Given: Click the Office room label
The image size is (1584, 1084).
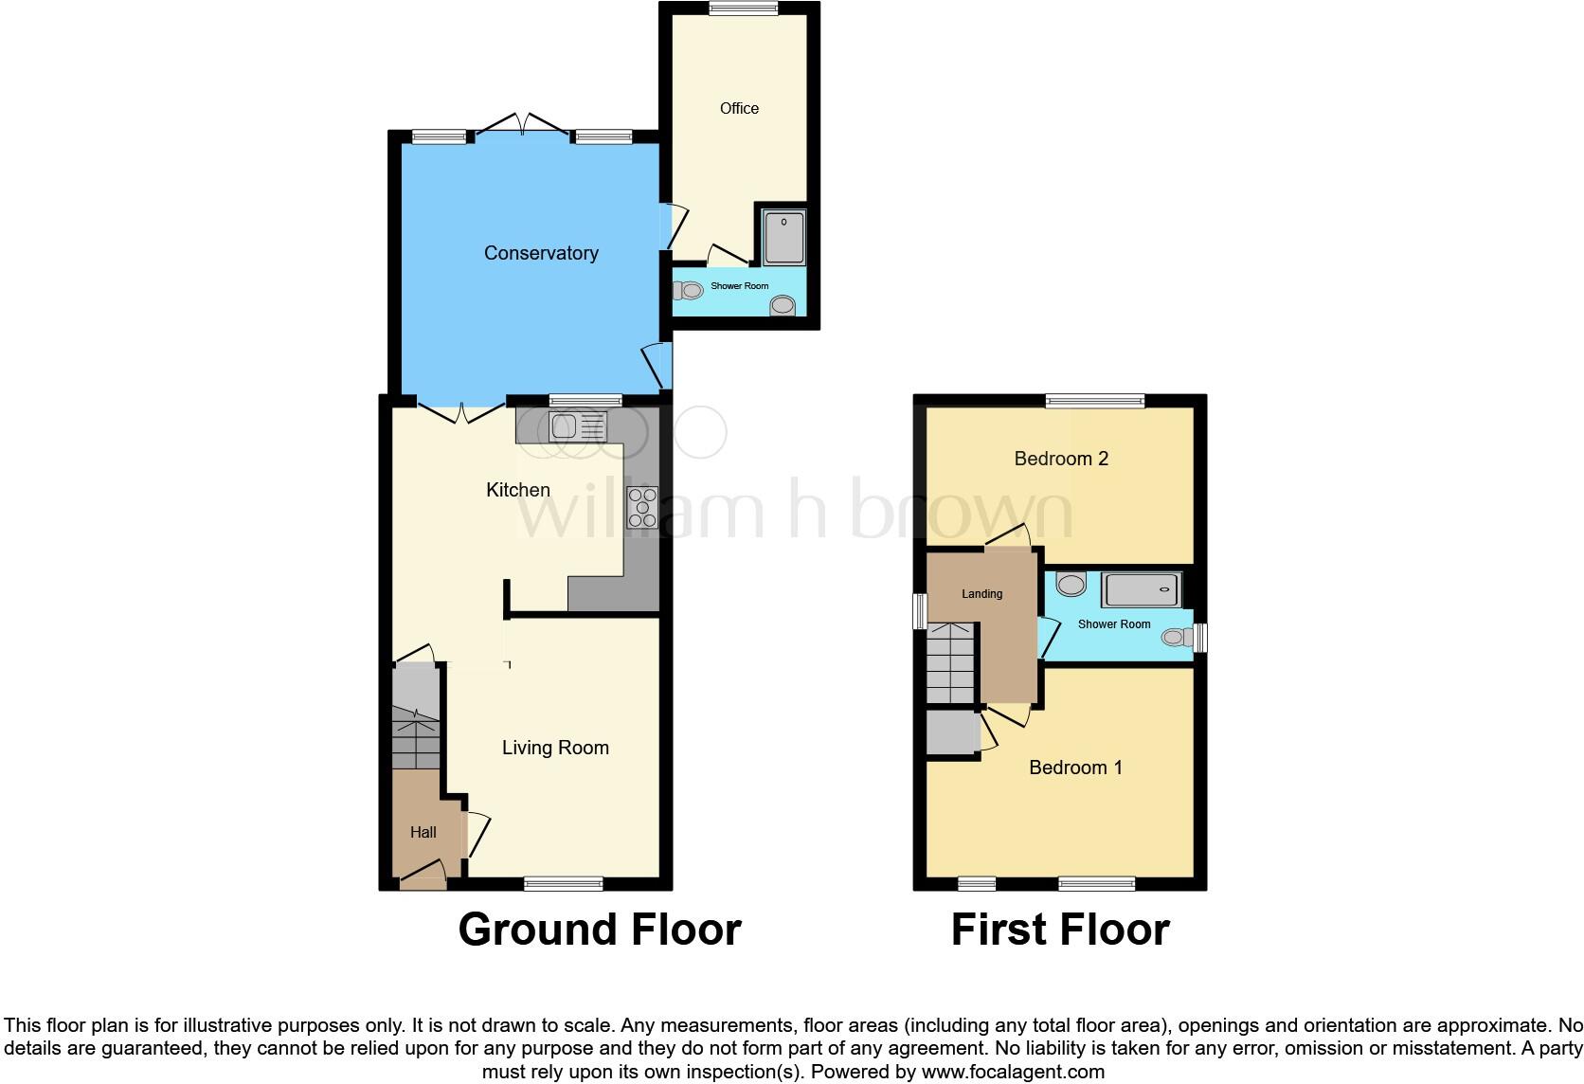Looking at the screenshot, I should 739,109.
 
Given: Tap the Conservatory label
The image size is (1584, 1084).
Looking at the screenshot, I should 541,253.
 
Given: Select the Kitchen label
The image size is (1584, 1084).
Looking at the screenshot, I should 518,490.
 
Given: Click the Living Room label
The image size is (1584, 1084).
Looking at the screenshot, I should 555,748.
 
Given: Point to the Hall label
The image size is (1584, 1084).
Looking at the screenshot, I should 423,833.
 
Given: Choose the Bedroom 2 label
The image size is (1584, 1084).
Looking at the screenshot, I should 1061,459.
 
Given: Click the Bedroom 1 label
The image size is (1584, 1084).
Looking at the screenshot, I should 1075,768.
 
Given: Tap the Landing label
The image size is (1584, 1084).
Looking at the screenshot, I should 981,594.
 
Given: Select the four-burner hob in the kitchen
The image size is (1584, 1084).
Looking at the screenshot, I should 642,507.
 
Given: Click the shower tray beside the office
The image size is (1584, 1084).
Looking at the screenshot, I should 784,237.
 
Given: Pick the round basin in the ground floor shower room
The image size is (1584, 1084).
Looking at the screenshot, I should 783,305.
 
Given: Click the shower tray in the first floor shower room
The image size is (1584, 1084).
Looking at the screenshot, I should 1141,590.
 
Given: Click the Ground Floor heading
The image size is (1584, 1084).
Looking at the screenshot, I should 600,930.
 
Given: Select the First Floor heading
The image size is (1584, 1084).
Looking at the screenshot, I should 1060,930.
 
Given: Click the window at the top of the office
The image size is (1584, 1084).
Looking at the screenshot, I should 744,9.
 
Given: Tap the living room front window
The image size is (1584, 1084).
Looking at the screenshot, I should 564,884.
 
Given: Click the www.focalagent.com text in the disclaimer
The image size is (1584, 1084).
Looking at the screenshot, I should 1013,1073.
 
